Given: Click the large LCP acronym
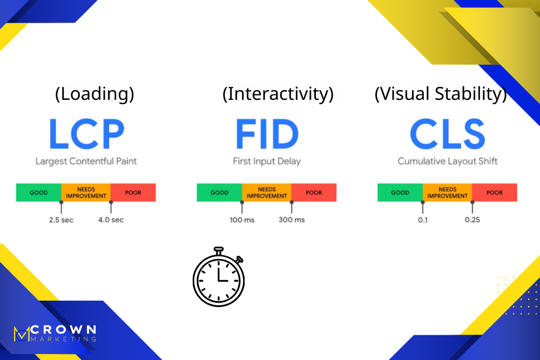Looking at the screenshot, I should (86, 134).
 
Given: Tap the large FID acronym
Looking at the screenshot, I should (267, 134).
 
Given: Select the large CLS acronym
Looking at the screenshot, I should (447, 134).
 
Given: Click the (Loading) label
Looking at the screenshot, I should (94, 94).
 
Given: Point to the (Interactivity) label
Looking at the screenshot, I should (278, 94).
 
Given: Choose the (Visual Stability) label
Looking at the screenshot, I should (441, 94).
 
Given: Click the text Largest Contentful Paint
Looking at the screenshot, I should (86, 161).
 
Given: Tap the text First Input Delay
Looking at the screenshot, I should (267, 161).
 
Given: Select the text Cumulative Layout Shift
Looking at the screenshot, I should (448, 161).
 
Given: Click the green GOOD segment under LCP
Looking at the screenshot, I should (38, 193).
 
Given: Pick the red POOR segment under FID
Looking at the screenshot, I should (314, 193).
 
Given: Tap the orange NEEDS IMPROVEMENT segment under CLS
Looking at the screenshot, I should (447, 193).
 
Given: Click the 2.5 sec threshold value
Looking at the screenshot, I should (61, 220).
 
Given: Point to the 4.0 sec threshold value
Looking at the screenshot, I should (111, 220).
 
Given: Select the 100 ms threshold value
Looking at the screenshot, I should (242, 220).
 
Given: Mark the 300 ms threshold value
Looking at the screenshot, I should (292, 220).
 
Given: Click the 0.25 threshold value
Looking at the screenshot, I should (472, 220).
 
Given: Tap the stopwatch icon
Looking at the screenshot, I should (218, 276).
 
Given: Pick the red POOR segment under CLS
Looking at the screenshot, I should (495, 193).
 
